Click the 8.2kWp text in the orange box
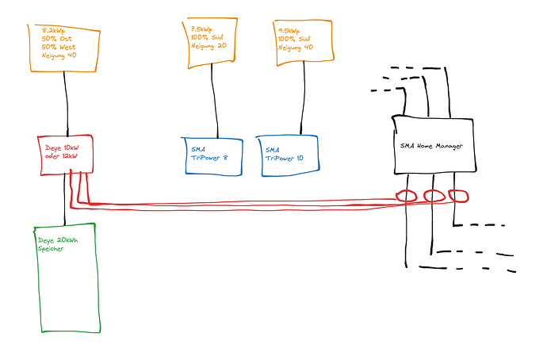[53, 30]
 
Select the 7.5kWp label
[201, 29]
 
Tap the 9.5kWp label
[289, 31]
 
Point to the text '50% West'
[59, 47]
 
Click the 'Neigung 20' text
[208, 46]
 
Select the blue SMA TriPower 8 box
[212, 156]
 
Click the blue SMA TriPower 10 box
[288, 156]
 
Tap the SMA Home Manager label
[431, 146]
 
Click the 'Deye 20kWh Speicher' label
[58, 244]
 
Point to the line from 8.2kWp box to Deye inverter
[66, 104]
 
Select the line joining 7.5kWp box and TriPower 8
[214, 101]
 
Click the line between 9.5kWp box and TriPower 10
[303, 98]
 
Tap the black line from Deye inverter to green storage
[64, 199]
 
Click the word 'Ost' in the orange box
[66, 39]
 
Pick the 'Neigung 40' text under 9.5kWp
[296, 48]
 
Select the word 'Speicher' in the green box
[51, 249]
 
